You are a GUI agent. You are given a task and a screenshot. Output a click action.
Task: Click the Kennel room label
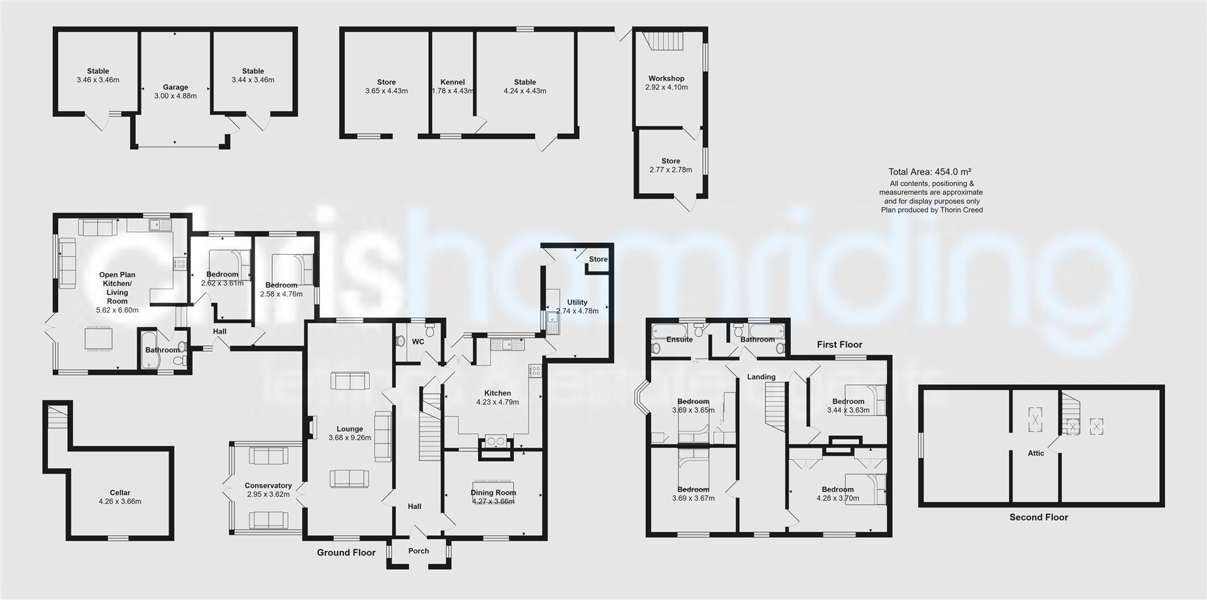point(453,82)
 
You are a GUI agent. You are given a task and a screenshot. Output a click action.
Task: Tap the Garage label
point(175,87)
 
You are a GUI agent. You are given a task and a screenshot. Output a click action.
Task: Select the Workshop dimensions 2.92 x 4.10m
point(666,87)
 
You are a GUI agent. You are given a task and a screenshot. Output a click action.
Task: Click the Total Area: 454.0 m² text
point(930,172)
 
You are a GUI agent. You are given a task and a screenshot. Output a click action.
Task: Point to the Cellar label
point(120,493)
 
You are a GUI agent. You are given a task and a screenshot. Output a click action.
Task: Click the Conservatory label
point(268,486)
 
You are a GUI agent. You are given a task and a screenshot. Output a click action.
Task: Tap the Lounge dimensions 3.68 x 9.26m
point(350,438)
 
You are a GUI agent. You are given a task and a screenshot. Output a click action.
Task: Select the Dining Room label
point(493,493)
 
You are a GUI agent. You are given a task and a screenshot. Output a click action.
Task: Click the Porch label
point(419,551)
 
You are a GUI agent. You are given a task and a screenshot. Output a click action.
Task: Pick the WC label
point(418,342)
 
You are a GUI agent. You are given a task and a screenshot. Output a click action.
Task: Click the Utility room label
point(577,303)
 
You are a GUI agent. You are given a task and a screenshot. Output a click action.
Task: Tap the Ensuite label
point(680,340)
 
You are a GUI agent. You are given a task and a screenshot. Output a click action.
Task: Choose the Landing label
point(761,377)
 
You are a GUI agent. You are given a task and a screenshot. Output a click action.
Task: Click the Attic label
point(1036,453)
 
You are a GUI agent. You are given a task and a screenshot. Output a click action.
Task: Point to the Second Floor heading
point(1039,518)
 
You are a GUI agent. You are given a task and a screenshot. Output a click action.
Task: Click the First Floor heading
point(839,345)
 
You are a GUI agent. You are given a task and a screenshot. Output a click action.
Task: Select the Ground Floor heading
point(346,553)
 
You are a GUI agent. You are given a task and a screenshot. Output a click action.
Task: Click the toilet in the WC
point(431,331)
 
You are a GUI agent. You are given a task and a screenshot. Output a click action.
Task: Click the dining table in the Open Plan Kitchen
point(99,338)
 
